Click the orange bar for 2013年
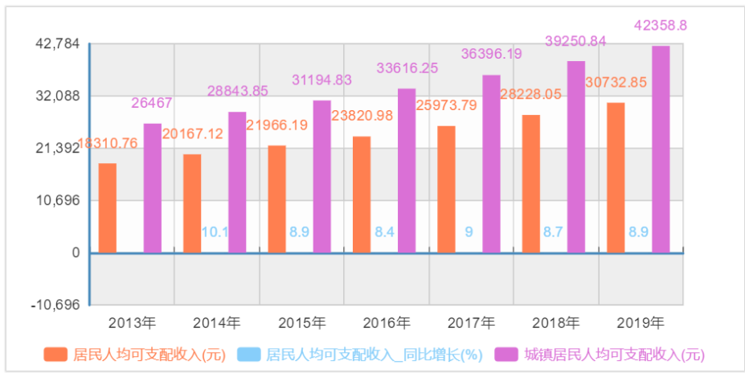click(x=108, y=208)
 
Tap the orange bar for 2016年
click(x=362, y=195)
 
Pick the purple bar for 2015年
click(x=321, y=177)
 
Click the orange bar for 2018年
click(x=530, y=184)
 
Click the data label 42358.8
click(x=661, y=26)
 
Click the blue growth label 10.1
click(x=215, y=232)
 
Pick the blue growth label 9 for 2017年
click(x=469, y=232)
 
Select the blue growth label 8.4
click(x=384, y=232)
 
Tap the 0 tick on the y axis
click(x=76, y=253)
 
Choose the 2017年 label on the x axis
click(x=471, y=323)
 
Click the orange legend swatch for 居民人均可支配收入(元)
click(x=56, y=355)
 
